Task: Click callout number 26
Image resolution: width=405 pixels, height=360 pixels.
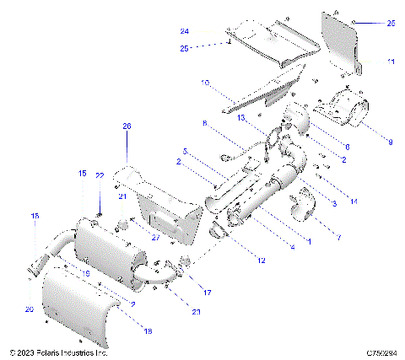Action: [127, 126]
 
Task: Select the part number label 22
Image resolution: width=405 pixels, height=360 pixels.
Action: [99, 175]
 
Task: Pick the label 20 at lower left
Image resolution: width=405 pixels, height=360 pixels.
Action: [30, 310]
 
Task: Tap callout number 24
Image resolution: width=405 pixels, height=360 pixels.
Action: [185, 31]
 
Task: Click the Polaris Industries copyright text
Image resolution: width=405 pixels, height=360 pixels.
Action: [58, 352]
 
